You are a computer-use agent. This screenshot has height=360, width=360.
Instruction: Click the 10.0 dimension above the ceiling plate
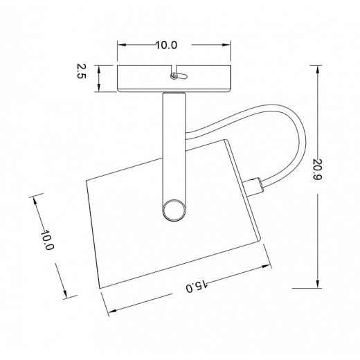tap(166, 45)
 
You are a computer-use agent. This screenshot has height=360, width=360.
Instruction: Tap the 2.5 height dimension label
tap(81, 71)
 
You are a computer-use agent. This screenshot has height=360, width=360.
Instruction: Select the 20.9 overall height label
tap(318, 170)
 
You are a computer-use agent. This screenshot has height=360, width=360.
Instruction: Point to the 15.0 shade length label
tap(197, 286)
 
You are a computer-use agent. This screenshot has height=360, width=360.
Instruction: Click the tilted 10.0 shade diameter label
tap(47, 240)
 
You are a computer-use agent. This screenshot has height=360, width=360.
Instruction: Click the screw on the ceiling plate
tap(174, 75)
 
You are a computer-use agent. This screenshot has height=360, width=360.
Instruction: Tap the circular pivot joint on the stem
tap(174, 210)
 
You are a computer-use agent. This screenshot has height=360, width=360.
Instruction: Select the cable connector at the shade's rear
tap(253, 187)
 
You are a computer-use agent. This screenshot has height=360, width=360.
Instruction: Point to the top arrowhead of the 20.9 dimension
tap(318, 69)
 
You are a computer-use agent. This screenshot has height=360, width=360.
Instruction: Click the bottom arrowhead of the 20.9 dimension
tap(318, 284)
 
